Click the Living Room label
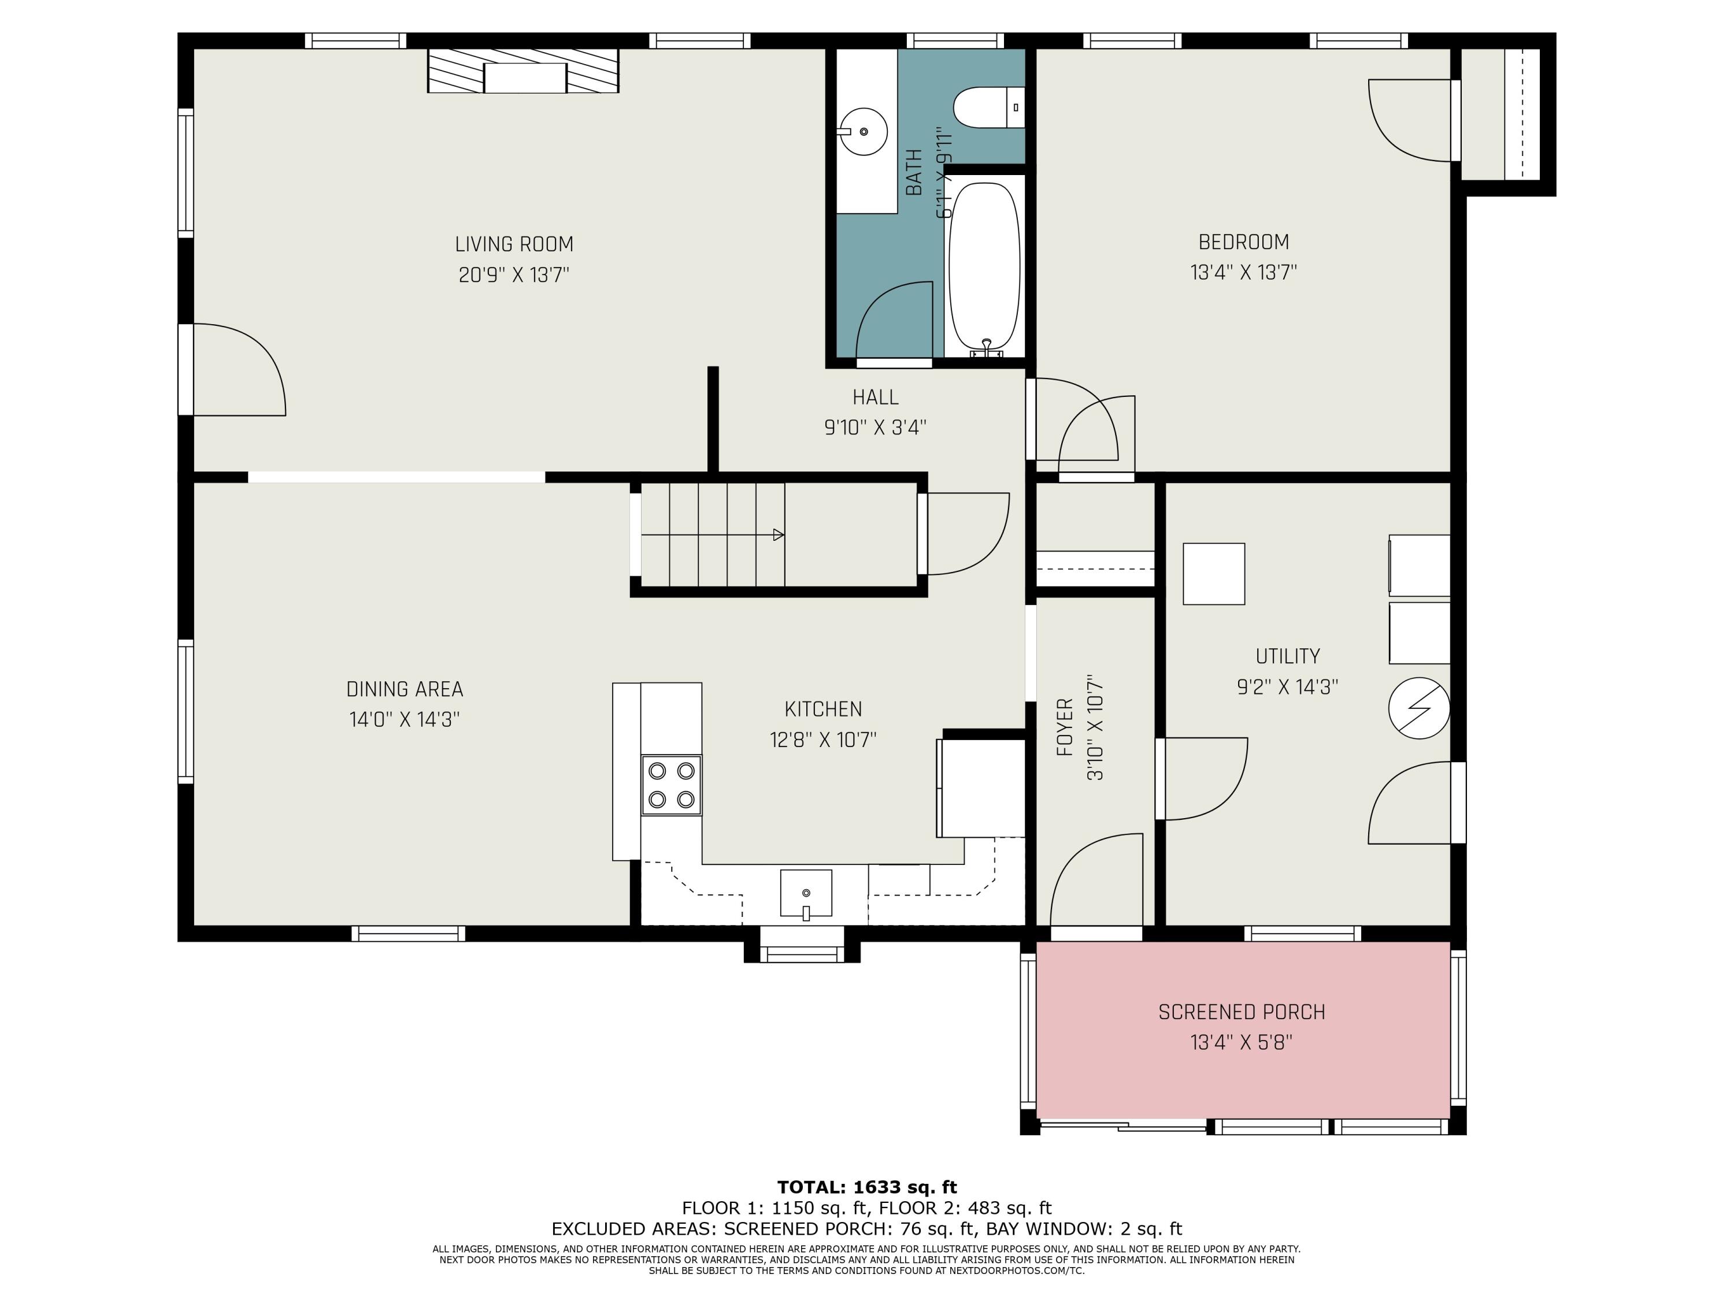(514, 244)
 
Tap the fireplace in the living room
(523, 70)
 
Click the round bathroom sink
(863, 132)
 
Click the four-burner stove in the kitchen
(671, 785)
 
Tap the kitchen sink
(806, 893)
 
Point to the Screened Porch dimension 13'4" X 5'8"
(1241, 1043)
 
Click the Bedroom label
(1243, 242)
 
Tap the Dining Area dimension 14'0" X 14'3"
(405, 719)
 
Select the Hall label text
(876, 398)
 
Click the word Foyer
(1065, 728)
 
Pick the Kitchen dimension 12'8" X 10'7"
(823, 740)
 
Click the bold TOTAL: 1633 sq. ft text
(867, 1187)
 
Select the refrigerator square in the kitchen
(981, 788)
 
